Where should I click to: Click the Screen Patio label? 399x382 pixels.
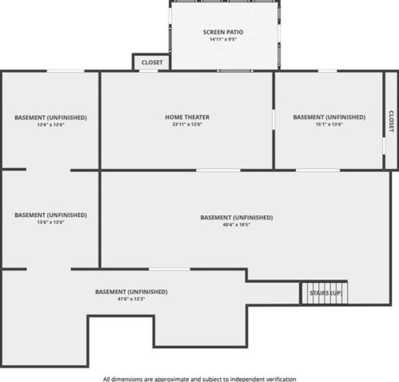pyautogui.click(x=223, y=32)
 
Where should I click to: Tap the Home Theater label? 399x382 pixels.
pyautogui.click(x=187, y=117)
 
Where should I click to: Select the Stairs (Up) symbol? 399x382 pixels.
pyautogui.click(x=325, y=293)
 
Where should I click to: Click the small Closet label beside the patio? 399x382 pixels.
pyautogui.click(x=152, y=62)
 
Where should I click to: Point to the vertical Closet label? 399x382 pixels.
pyautogui.click(x=391, y=121)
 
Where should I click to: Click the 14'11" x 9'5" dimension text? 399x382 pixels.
pyautogui.click(x=223, y=39)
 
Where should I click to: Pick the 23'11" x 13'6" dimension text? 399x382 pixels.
pyautogui.click(x=187, y=124)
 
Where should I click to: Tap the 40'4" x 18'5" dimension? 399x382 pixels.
pyautogui.click(x=237, y=225)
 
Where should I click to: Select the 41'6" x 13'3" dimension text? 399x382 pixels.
pyautogui.click(x=131, y=299)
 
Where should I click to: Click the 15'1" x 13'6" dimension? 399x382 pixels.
pyautogui.click(x=329, y=124)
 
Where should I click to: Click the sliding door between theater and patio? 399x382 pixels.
pyautogui.click(x=235, y=71)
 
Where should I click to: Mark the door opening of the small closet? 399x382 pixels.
pyautogui.click(x=149, y=70)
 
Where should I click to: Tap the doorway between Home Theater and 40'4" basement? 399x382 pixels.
pyautogui.click(x=218, y=171)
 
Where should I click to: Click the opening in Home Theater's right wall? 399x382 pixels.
pyautogui.click(x=273, y=119)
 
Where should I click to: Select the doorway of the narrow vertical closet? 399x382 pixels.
pyautogui.click(x=384, y=146)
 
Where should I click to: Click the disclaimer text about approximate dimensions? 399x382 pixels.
pyautogui.click(x=199, y=379)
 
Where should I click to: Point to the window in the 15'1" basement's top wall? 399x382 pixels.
pyautogui.click(x=327, y=71)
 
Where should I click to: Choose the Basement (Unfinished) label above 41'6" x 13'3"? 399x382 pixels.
pyautogui.click(x=131, y=292)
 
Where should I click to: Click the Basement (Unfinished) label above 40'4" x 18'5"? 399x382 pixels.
pyautogui.click(x=237, y=218)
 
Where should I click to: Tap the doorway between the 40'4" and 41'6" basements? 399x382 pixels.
pyautogui.click(x=170, y=269)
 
